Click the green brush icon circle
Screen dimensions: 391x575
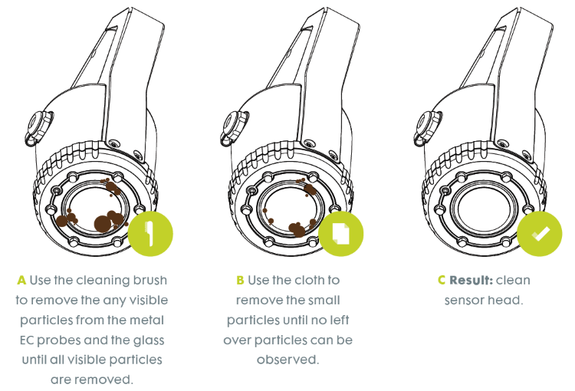[150, 233]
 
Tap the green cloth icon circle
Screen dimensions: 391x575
[341, 233]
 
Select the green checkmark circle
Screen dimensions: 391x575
[540, 233]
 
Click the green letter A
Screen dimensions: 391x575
[21, 280]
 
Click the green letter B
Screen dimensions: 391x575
[240, 280]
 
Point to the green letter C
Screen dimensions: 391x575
[441, 280]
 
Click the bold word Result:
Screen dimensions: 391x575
[472, 280]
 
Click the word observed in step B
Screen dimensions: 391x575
[287, 359]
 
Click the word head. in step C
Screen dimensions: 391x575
[506, 300]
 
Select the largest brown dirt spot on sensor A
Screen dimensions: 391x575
[102, 223]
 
